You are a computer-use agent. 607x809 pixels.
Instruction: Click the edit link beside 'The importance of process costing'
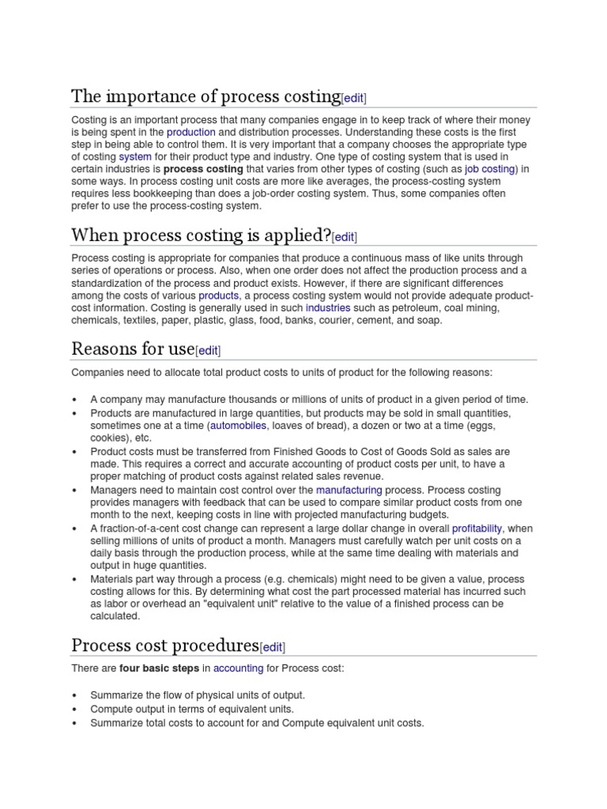[354, 98]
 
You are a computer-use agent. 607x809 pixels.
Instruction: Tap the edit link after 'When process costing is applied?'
[345, 237]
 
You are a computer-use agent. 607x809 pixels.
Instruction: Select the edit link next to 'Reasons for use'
[208, 351]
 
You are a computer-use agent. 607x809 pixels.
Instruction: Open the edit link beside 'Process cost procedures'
[273, 647]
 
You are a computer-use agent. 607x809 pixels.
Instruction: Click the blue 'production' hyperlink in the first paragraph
[190, 132]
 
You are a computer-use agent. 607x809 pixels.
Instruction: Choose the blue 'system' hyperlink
[135, 157]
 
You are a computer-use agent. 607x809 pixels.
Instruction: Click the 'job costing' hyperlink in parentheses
[490, 169]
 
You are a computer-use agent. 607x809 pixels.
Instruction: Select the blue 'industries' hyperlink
[328, 308]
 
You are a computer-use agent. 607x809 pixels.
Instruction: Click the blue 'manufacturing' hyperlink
[349, 490]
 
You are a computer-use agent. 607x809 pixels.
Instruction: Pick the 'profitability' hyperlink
[477, 528]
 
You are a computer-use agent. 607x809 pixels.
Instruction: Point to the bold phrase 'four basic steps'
[159, 668]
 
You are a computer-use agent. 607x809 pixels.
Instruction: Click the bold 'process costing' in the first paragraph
[202, 169]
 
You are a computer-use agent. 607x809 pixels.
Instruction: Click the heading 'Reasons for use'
[132, 348]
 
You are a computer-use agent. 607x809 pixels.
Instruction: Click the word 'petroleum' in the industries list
[405, 308]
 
